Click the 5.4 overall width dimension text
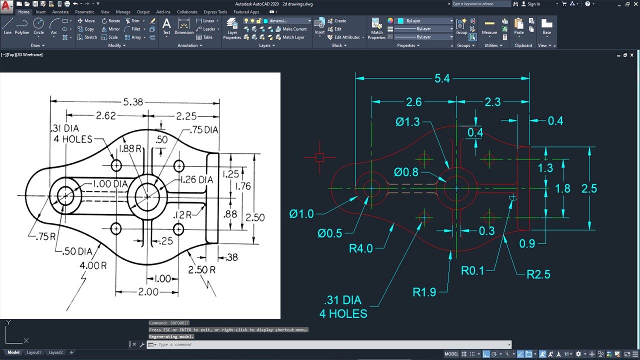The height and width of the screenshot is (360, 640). coord(442,78)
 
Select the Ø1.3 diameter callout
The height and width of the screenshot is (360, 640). coord(408,121)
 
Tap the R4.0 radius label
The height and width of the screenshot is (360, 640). coord(361,248)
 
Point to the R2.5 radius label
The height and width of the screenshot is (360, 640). coord(538,274)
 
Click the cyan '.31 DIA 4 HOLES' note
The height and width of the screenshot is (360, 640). coord(343,307)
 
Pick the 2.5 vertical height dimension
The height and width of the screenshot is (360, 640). coord(589,188)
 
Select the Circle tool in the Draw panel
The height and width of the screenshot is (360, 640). coord(38,26)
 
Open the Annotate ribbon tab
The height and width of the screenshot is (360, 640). coord(60,12)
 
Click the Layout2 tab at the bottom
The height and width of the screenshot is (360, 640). coord(55,352)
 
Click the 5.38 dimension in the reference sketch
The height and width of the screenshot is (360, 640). coord(133,101)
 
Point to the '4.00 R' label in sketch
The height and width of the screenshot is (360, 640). coord(93,265)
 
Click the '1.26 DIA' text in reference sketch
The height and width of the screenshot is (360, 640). coord(195,179)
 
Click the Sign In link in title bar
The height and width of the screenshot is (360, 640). coord(533,4)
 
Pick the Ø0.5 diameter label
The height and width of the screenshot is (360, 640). coord(330,233)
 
